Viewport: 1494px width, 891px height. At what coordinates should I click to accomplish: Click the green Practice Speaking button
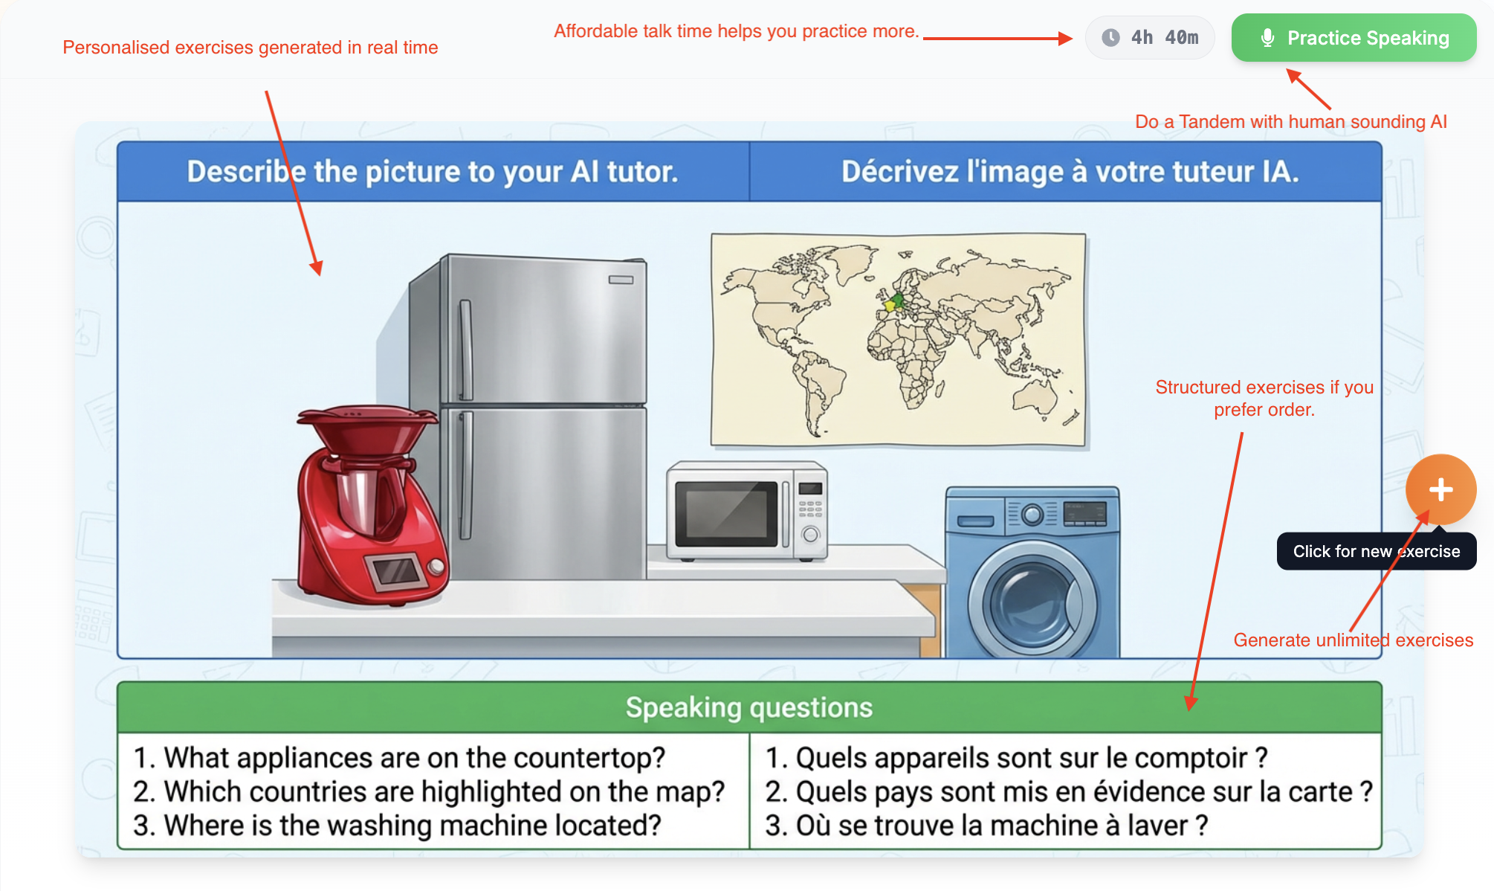(1354, 38)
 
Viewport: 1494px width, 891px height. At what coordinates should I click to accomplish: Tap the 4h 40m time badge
(1150, 38)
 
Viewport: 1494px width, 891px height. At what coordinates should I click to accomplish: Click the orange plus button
(1440, 489)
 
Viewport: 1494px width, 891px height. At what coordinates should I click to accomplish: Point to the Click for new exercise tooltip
(1376, 552)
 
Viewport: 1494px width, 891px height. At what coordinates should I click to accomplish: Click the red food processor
(368, 506)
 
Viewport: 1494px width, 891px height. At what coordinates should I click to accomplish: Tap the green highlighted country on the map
(898, 300)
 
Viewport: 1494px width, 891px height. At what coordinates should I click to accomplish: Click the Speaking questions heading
(748, 707)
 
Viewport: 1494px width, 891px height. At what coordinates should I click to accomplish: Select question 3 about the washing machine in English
(397, 826)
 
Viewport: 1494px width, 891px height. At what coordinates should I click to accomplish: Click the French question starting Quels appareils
(1015, 758)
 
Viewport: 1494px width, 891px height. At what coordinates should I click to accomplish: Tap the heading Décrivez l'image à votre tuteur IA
(1070, 172)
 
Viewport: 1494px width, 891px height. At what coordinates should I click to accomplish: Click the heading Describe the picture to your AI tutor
(432, 172)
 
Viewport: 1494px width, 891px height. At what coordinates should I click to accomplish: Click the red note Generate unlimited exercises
(1353, 640)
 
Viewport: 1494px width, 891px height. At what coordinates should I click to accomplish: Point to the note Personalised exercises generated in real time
(250, 48)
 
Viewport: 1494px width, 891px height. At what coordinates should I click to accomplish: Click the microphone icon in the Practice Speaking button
(1268, 38)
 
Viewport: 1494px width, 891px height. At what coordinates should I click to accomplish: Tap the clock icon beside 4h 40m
(1110, 38)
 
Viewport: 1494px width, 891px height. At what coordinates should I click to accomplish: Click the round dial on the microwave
(811, 534)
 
